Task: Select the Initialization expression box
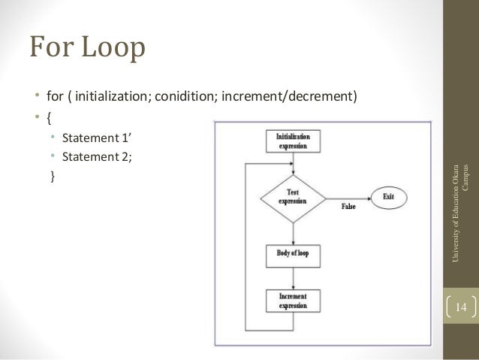coord(293,142)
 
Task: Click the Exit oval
coord(388,197)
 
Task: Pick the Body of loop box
coord(292,254)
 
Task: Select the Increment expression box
coord(293,302)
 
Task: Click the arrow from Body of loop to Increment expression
coord(292,277)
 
